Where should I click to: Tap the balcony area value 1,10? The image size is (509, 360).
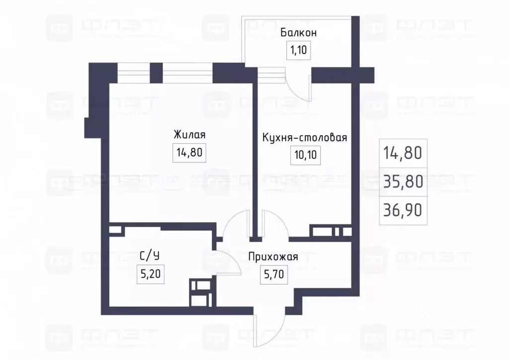(298, 50)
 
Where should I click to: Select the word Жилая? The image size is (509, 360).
(189, 135)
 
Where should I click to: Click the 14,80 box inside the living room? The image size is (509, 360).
(189, 153)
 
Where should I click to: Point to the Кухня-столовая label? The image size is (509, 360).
(304, 138)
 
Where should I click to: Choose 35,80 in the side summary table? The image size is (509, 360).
(403, 181)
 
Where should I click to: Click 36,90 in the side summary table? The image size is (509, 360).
(403, 210)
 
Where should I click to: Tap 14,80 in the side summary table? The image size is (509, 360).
(403, 153)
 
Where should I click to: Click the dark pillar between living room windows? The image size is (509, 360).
(157, 73)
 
